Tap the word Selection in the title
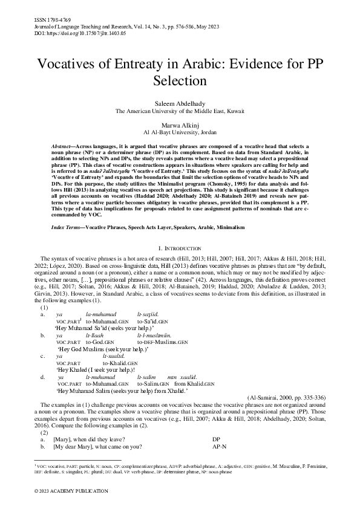(x=180, y=80)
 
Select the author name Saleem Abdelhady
(x=180, y=104)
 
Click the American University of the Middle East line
(x=180, y=111)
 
